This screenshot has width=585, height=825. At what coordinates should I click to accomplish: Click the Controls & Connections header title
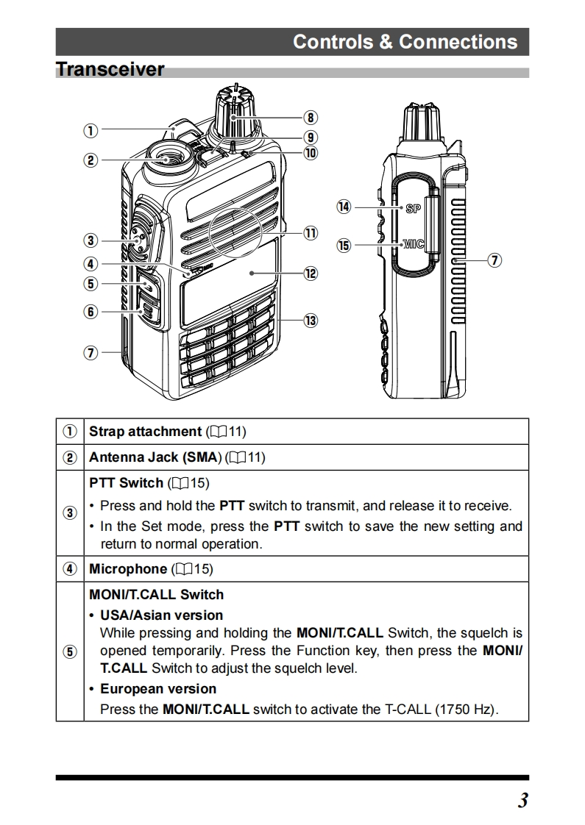(405, 42)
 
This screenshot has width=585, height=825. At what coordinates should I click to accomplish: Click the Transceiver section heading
(110, 70)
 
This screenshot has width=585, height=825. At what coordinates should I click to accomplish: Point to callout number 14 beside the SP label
(344, 207)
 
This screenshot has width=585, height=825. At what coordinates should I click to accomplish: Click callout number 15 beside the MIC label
(344, 245)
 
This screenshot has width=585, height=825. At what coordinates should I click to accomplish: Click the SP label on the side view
(413, 208)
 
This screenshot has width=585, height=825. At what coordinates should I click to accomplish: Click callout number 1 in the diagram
(90, 130)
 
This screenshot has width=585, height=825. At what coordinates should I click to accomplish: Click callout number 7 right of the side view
(495, 260)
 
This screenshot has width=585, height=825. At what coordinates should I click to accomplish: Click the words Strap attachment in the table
(145, 432)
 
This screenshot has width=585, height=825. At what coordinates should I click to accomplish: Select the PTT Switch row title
(126, 483)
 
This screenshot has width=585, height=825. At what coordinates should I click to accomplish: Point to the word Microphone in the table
(128, 568)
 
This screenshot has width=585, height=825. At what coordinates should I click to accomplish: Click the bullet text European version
(158, 689)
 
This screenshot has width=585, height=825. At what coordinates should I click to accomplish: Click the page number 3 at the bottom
(522, 801)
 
